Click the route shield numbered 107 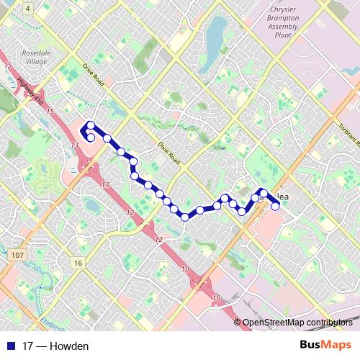17,255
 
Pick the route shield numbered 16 77,263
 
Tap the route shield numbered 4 27,7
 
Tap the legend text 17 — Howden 55,346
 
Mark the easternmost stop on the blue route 275,207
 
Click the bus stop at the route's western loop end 91,137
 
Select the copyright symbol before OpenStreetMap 238,323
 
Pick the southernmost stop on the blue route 185,216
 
